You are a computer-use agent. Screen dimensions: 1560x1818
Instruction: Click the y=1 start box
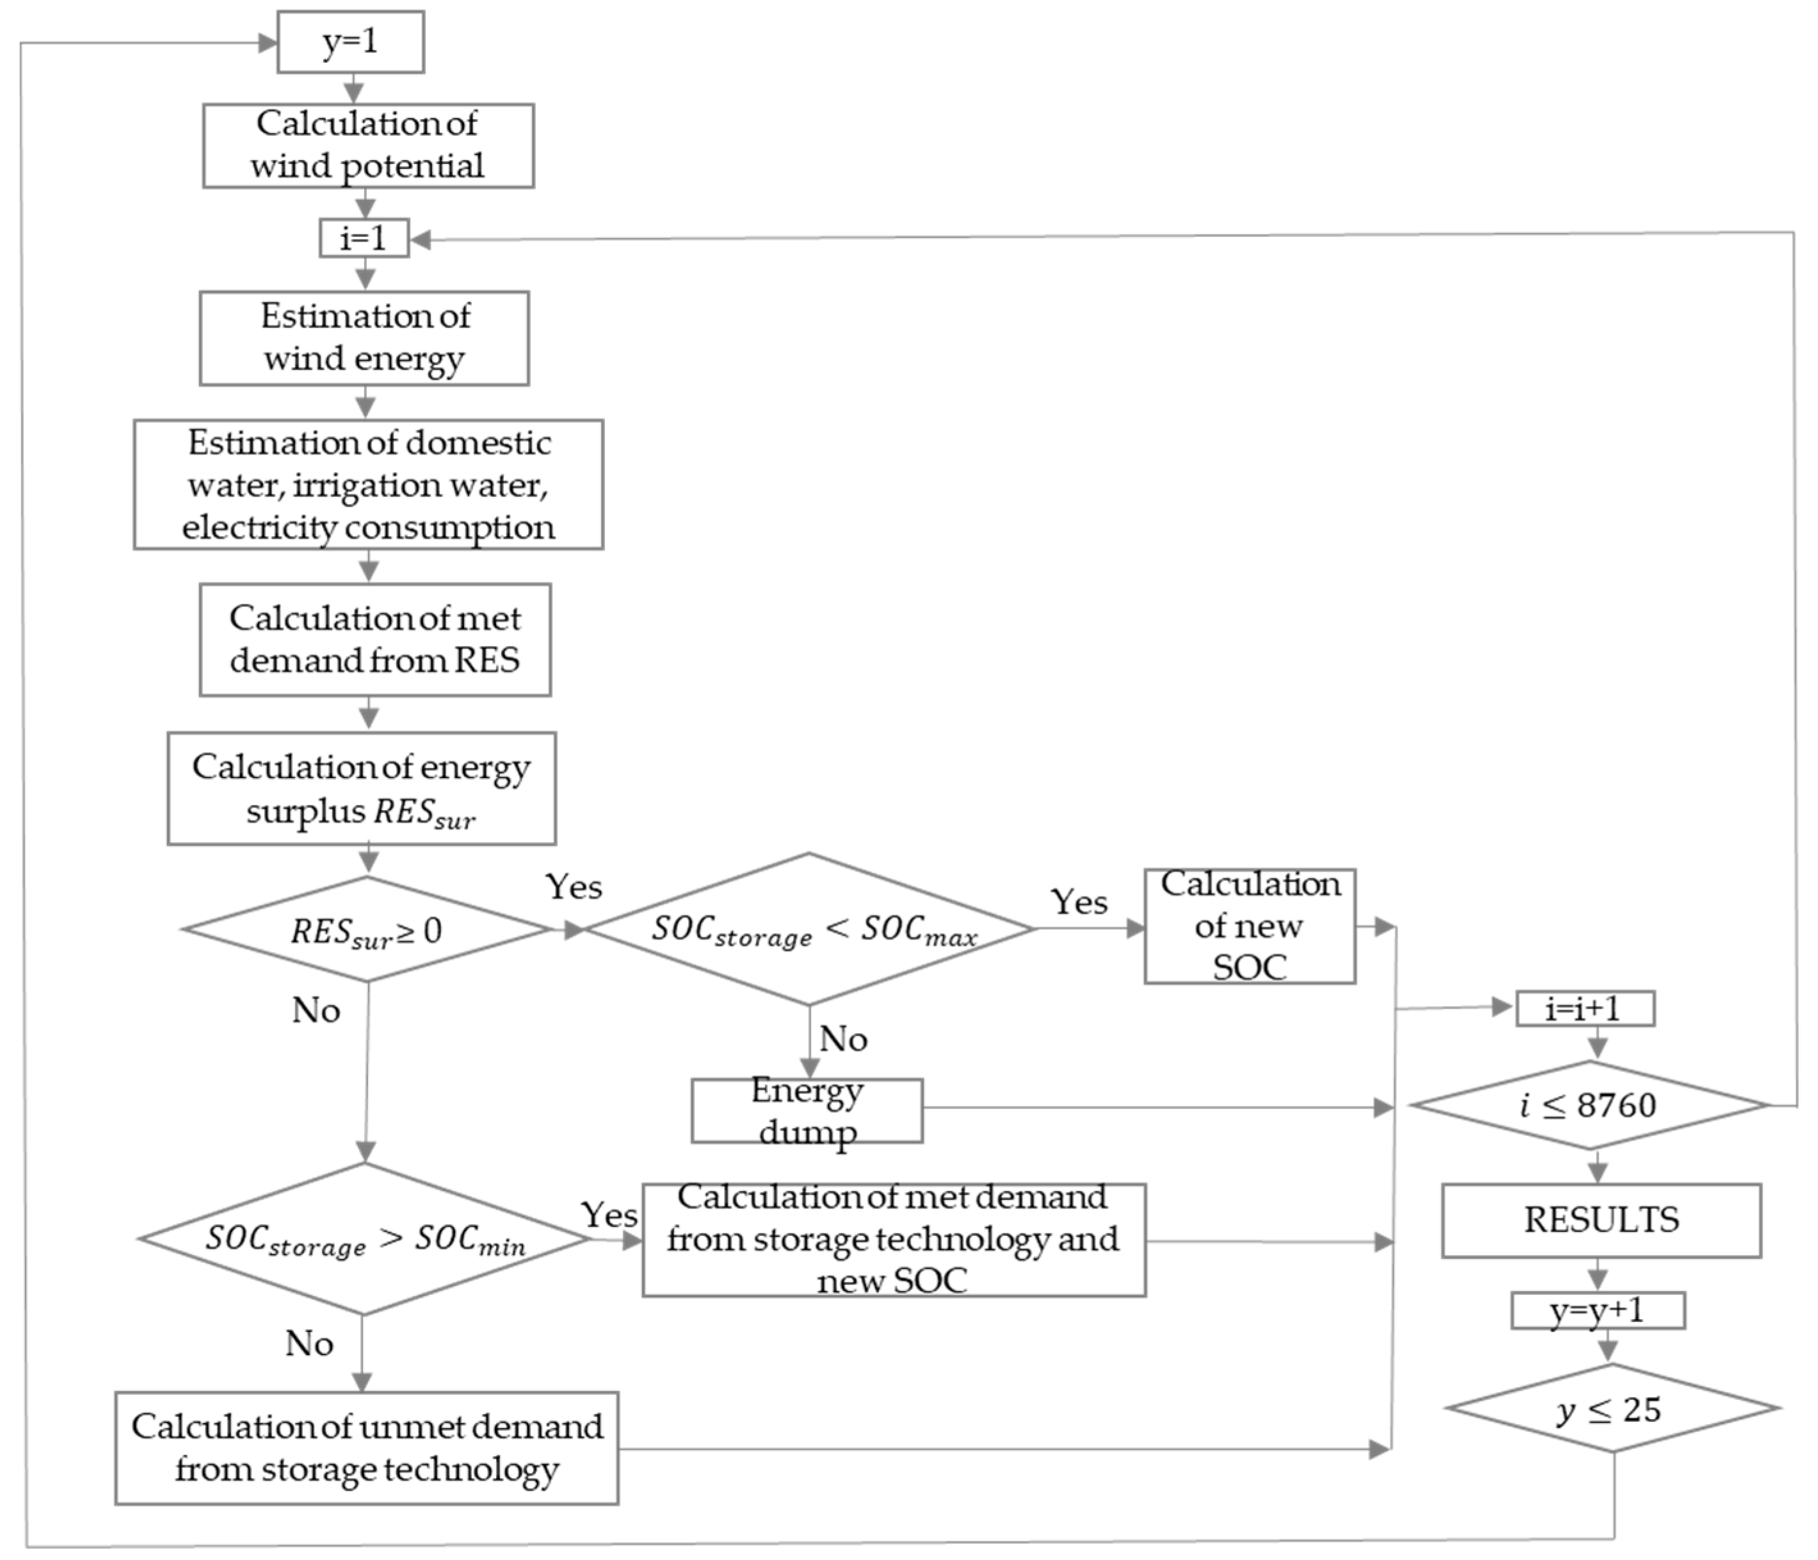[350, 42]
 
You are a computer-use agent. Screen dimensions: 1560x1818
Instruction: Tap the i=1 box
[363, 239]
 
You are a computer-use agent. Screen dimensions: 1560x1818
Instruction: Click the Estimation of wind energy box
[364, 338]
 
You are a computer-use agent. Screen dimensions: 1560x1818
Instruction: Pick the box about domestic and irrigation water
[369, 485]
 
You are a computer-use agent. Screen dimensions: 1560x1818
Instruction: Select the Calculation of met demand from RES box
[374, 639]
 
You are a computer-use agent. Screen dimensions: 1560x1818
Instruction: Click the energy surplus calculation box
[362, 788]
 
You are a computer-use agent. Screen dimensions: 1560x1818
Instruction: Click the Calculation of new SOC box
[1250, 926]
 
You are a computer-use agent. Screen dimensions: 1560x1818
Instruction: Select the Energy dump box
[807, 1110]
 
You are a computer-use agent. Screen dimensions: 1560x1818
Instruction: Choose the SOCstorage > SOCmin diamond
[364, 1240]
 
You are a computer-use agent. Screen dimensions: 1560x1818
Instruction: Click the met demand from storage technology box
[893, 1240]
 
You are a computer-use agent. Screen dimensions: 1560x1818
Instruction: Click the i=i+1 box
[1584, 1009]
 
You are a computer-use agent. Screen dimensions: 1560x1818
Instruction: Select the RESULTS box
[1601, 1220]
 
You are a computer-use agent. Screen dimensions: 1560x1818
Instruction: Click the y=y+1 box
[1597, 1311]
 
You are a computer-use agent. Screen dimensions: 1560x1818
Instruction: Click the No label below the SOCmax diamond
[843, 1039]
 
